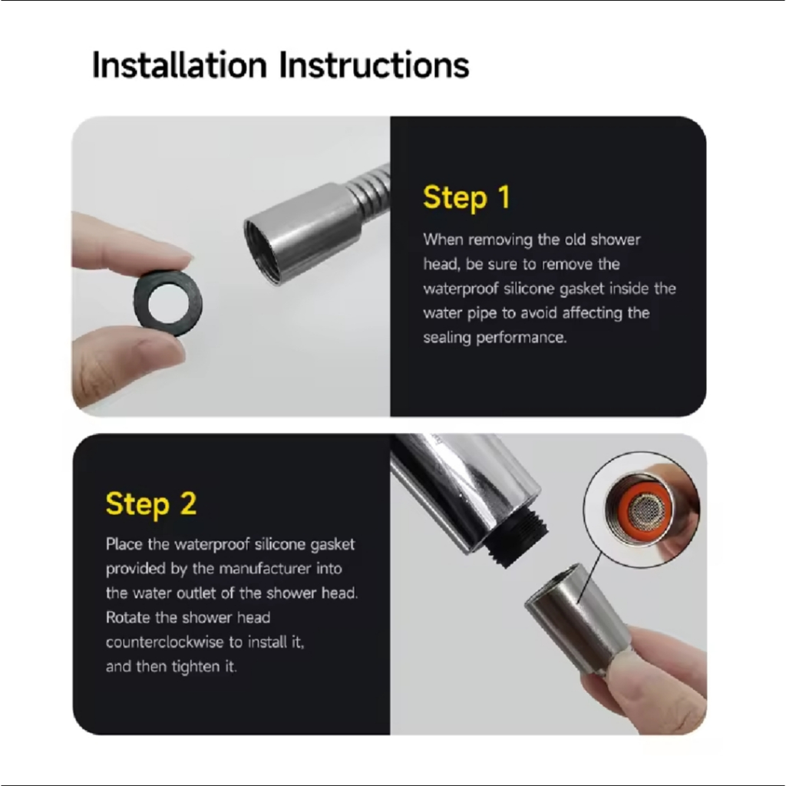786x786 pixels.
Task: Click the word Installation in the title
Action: point(180,64)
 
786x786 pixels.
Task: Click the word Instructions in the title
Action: point(374,64)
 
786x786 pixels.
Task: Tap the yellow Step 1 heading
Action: point(467,197)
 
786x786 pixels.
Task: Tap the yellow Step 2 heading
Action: point(151,504)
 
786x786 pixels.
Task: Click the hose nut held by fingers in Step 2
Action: point(576,616)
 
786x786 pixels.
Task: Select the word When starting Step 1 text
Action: point(443,239)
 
